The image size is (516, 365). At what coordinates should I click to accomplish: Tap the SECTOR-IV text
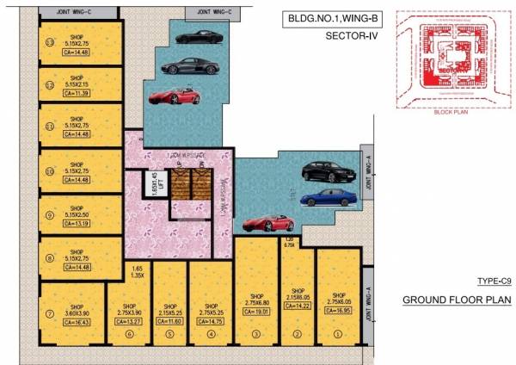click(352, 36)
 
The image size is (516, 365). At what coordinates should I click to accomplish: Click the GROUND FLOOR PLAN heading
click(457, 300)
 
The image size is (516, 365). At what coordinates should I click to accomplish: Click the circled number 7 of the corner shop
click(50, 312)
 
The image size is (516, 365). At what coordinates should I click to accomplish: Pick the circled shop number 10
click(50, 171)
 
